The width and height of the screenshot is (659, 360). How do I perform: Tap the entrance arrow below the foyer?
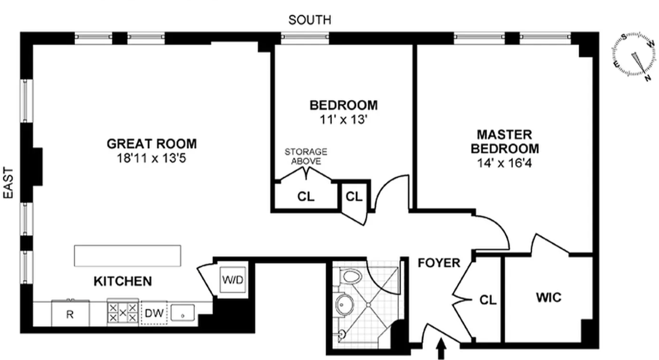[441, 349]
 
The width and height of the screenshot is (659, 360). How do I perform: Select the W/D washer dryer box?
[232, 280]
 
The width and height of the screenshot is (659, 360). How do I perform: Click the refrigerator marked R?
[71, 313]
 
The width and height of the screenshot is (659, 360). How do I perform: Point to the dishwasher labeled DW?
[154, 313]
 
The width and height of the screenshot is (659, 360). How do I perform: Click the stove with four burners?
[123, 313]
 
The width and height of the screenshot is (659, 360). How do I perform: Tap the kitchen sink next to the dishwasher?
[183, 313]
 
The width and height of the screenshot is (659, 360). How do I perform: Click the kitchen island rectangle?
[127, 256]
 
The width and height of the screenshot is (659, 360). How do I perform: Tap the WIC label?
[549, 297]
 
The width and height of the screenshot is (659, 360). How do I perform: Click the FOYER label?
[439, 263]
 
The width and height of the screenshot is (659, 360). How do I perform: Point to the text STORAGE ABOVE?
[306, 157]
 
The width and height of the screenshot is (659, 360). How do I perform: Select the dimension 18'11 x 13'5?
[152, 159]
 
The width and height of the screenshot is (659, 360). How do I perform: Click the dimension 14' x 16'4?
[504, 163]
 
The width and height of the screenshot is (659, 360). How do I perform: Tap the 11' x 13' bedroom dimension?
[344, 120]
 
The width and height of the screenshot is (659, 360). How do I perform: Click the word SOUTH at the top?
[310, 20]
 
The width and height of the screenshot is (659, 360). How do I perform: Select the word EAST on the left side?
[8, 183]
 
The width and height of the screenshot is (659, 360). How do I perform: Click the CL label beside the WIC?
[488, 300]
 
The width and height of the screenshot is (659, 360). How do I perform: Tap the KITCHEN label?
[123, 282]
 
